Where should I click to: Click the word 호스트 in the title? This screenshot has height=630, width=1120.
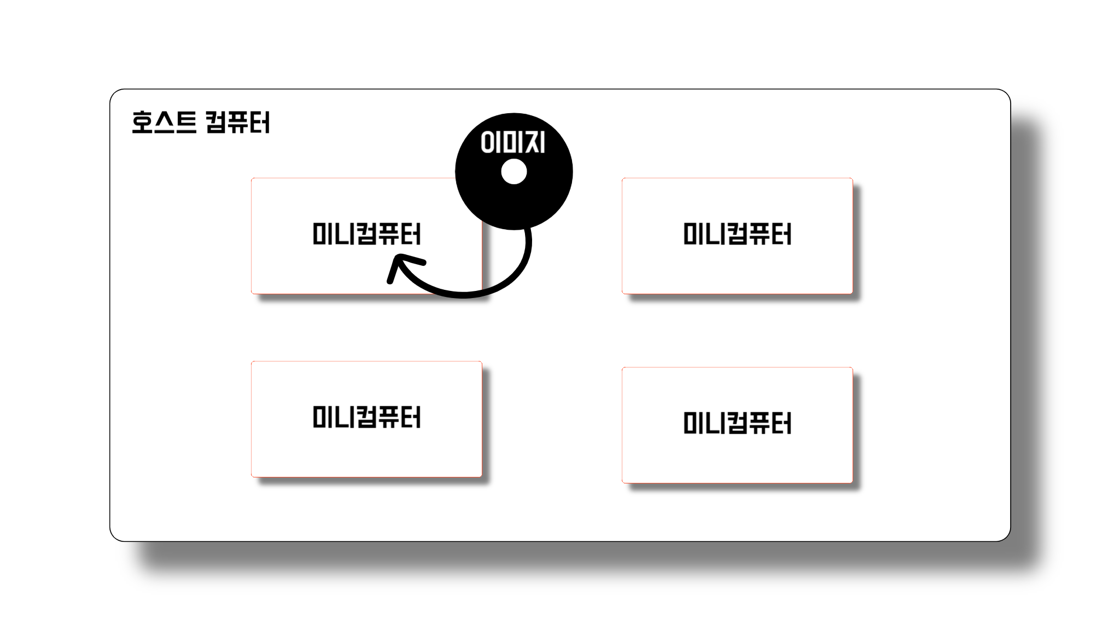click(x=164, y=122)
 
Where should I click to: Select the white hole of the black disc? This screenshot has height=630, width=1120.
click(x=514, y=172)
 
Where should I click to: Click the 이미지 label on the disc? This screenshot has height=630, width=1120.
click(x=512, y=143)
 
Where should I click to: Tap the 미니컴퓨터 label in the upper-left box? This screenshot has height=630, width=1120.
click(x=366, y=234)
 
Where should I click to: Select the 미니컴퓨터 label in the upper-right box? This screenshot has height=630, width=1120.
click(x=737, y=234)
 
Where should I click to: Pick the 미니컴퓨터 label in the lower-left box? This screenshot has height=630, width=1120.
click(x=366, y=418)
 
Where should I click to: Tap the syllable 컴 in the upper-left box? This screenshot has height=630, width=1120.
click(x=366, y=234)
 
